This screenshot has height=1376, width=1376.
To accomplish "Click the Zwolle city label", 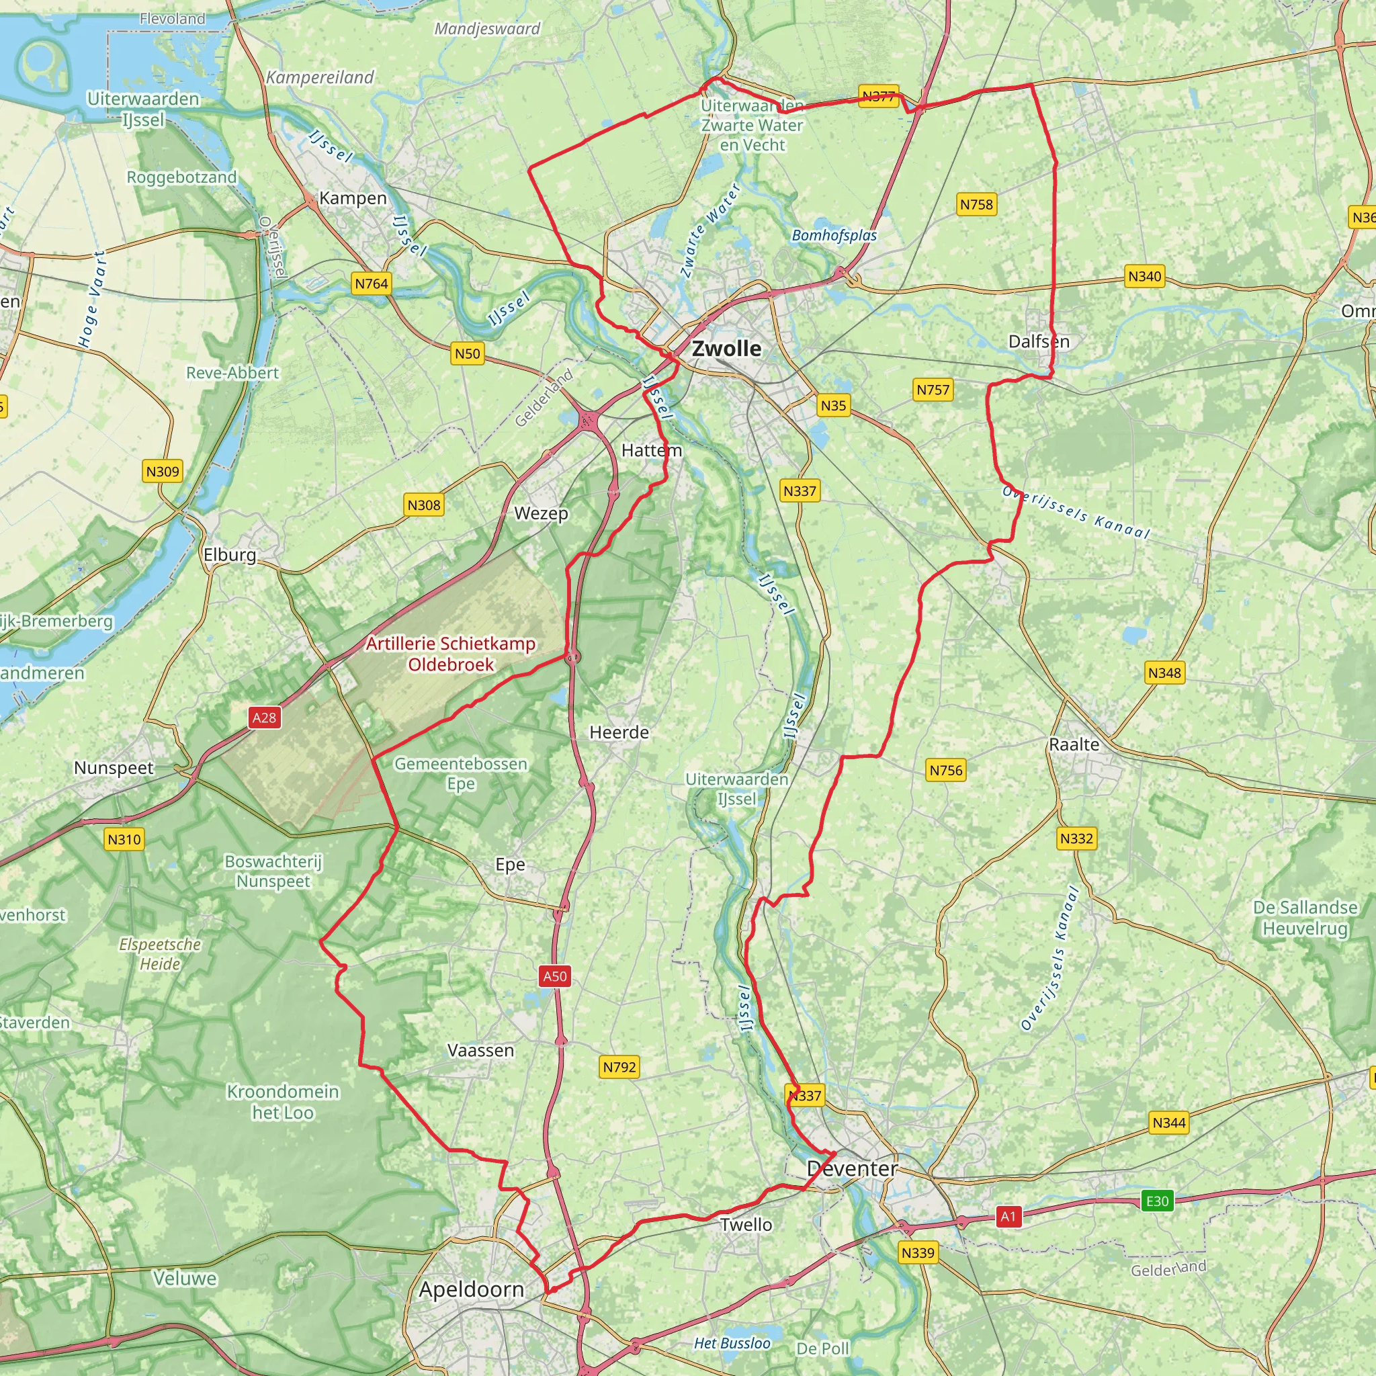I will pos(726,348).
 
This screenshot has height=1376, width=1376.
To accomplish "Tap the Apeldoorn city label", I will pos(471,1289).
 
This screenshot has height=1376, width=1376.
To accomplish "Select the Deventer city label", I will pos(852,1169).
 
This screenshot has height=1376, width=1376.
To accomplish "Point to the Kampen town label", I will pos(353,198).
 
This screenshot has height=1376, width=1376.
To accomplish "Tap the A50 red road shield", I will pos(555,976).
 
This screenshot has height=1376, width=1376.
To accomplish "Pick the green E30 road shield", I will pos(1157,1201).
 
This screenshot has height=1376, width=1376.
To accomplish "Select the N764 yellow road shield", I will pos(372,284).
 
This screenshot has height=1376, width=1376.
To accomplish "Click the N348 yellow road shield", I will pos(1164,673).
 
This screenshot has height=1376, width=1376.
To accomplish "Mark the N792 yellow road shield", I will pos(619,1067).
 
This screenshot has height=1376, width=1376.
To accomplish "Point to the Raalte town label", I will pos(1074,744).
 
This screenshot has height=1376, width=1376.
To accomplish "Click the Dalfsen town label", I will pos(1039,341).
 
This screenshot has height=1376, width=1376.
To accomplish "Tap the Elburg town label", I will pos(229,554).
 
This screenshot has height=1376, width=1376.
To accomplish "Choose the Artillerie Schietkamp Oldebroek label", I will pos(450,654).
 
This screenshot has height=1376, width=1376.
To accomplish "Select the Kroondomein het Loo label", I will pos(283,1102).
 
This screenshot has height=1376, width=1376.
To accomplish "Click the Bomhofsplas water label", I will pos(834,235).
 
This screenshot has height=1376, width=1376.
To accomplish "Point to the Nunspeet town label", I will pos(114,768).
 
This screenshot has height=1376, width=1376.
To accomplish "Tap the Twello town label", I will pos(746,1224).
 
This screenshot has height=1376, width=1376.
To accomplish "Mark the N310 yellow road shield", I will pos(125,839).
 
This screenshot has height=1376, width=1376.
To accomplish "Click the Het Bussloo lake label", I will pos(732,1343).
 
